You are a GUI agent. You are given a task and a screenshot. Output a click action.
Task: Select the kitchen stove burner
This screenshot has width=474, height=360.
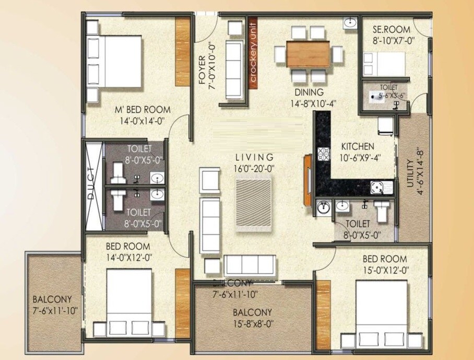[x=323, y=154]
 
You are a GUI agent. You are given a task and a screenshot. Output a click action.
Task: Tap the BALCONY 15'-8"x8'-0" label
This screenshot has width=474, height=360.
[x=252, y=317]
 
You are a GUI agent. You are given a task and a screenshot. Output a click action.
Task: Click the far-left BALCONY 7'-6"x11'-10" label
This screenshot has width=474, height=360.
[x=55, y=305]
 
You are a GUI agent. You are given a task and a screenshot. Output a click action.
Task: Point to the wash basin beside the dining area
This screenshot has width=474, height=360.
[x=349, y=23]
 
